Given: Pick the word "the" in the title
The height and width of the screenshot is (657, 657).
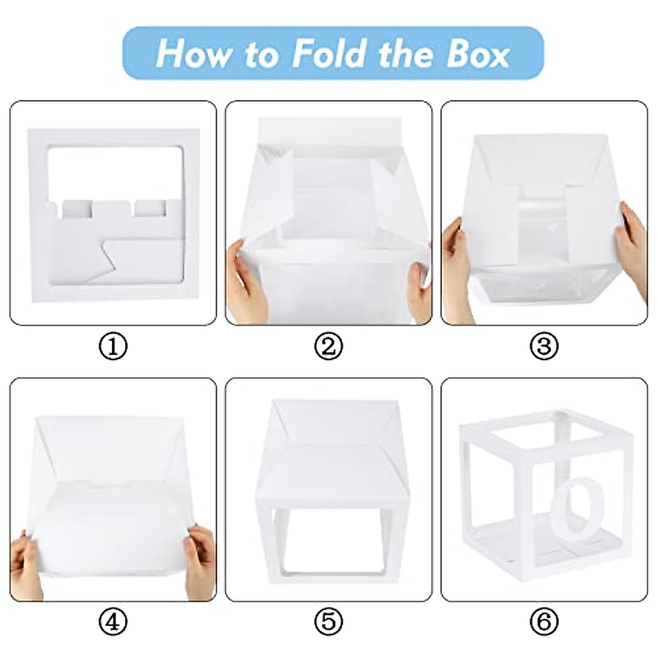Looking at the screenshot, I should click(406, 53).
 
